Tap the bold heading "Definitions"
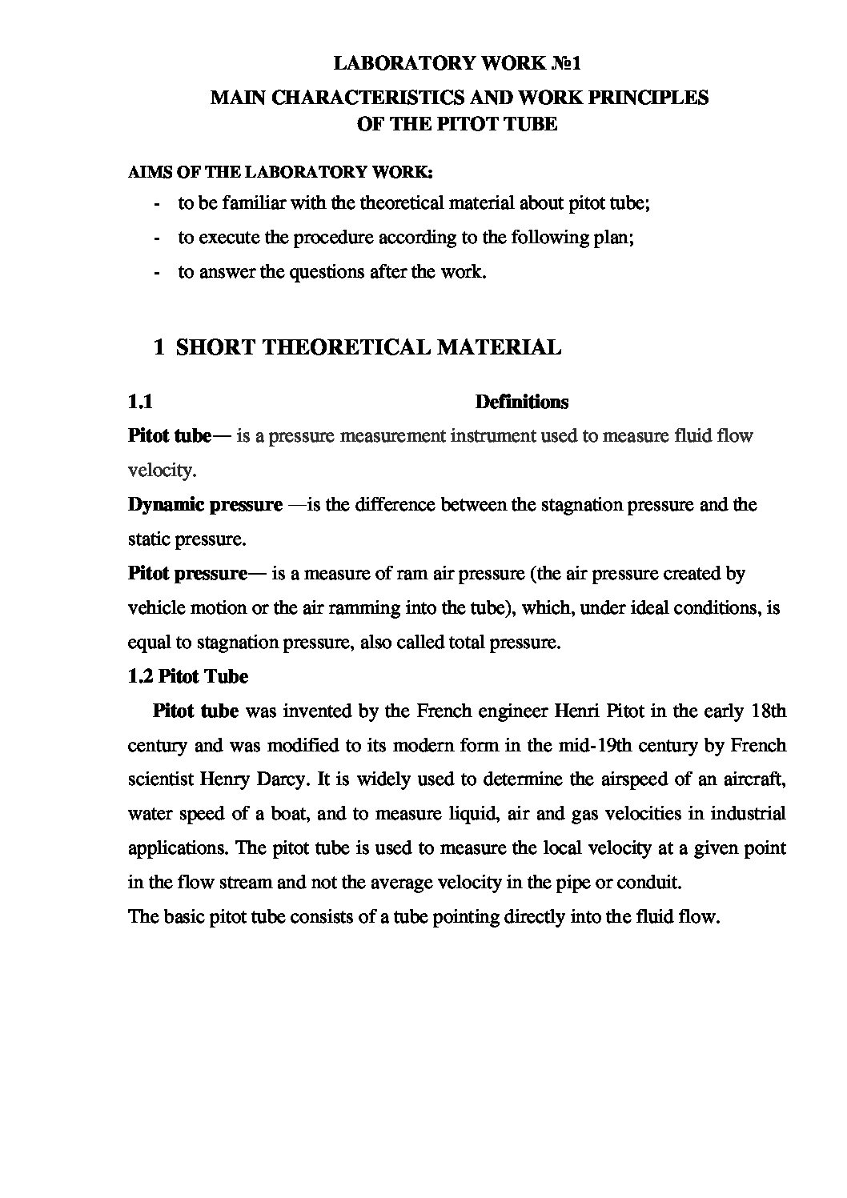click(x=521, y=402)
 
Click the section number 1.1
click(x=140, y=402)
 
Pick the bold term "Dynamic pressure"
click(x=205, y=505)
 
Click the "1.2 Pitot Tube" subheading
click(x=188, y=677)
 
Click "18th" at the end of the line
click(x=767, y=711)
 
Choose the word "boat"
click(x=285, y=815)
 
